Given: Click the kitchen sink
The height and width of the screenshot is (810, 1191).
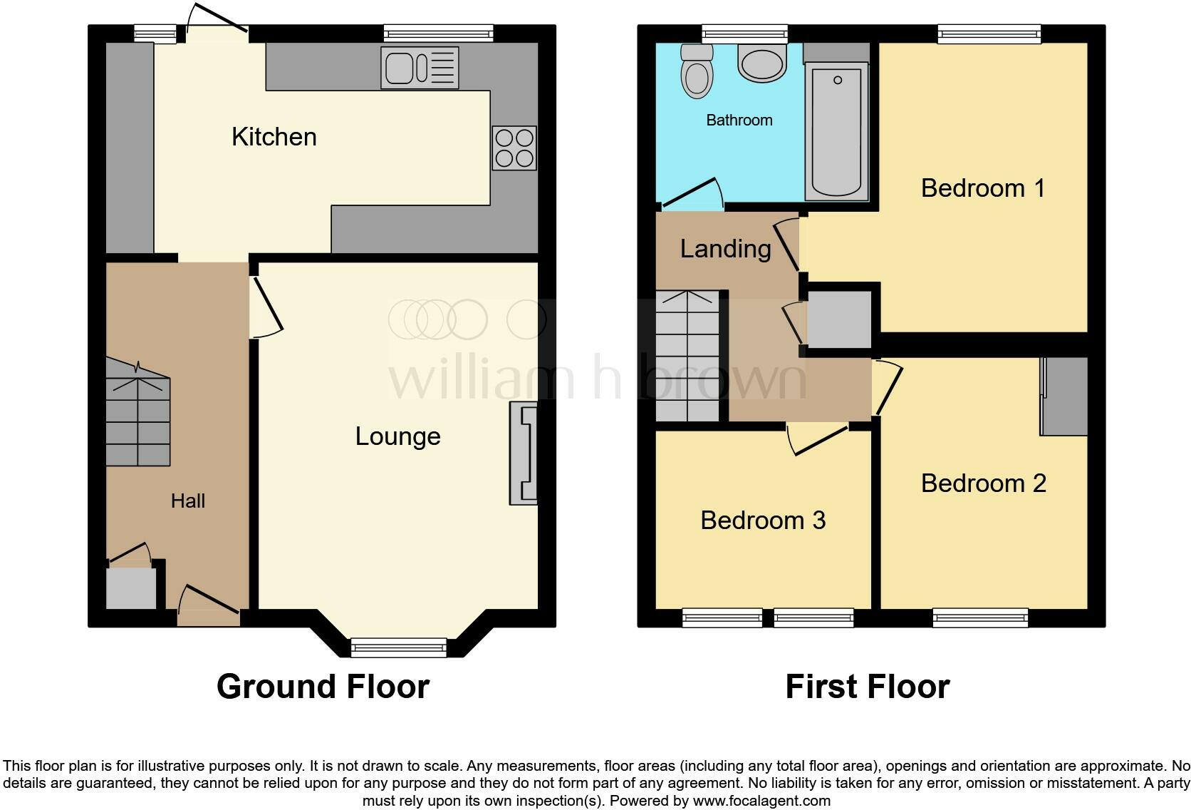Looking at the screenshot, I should [419, 68].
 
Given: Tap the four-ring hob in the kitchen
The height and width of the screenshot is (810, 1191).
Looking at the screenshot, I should [514, 148].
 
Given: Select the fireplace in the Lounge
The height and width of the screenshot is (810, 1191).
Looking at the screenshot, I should [524, 453].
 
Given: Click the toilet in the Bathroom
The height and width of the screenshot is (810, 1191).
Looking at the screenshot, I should [696, 71].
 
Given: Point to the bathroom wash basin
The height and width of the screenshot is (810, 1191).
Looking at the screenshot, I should [762, 63].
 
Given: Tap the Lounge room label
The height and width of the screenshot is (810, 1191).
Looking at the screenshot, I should [397, 436].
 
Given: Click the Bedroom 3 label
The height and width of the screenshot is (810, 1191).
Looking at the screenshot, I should [763, 521].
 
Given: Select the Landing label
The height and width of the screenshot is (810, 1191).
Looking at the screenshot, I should [725, 249].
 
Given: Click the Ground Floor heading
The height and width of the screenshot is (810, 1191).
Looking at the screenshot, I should [323, 687].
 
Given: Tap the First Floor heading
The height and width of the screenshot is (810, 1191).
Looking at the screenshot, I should [867, 687].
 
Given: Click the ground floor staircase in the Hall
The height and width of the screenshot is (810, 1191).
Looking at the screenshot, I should [138, 421].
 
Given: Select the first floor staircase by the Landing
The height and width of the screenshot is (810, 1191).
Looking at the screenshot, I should [688, 357].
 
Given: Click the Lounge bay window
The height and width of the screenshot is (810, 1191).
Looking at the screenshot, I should [399, 647].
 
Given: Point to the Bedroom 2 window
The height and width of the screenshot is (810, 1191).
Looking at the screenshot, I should [980, 617].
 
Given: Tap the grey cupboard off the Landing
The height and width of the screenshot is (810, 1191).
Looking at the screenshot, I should [839, 319].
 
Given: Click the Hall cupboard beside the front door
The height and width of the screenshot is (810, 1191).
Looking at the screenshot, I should [131, 588].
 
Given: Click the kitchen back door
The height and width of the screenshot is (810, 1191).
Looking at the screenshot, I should [217, 21].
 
